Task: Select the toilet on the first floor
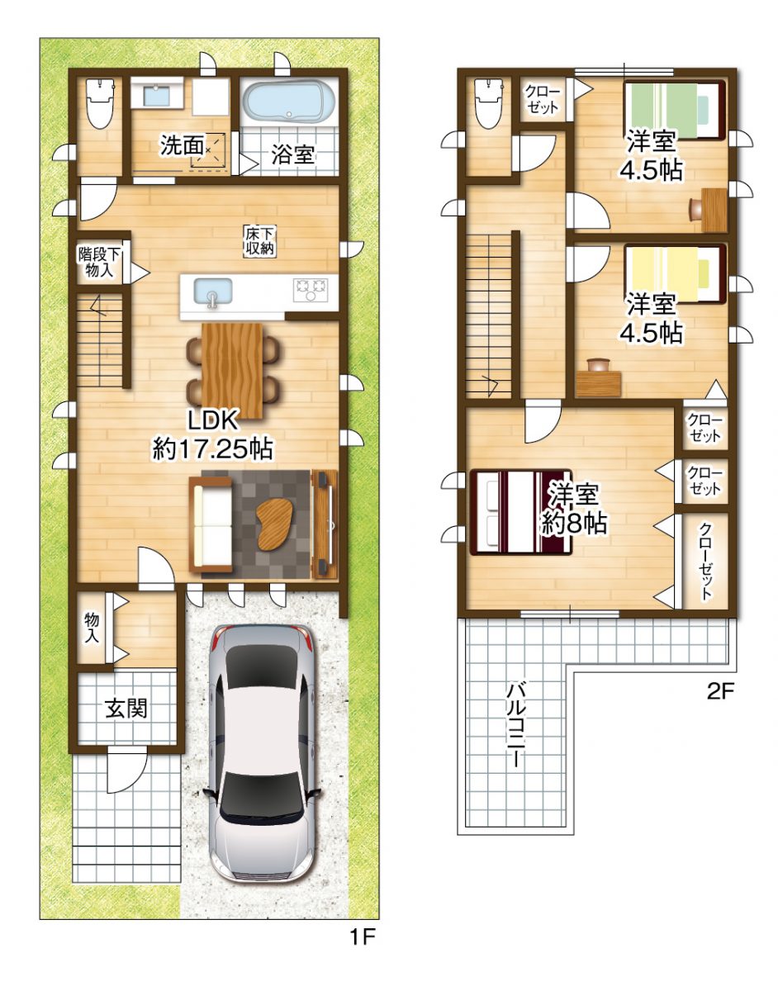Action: pyautogui.click(x=99, y=103)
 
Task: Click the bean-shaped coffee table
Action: pyautogui.click(x=273, y=523)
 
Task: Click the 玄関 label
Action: pyautogui.click(x=126, y=708)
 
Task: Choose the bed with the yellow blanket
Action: pyautogui.click(x=673, y=272)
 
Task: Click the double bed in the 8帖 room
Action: pyautogui.click(x=519, y=512)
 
